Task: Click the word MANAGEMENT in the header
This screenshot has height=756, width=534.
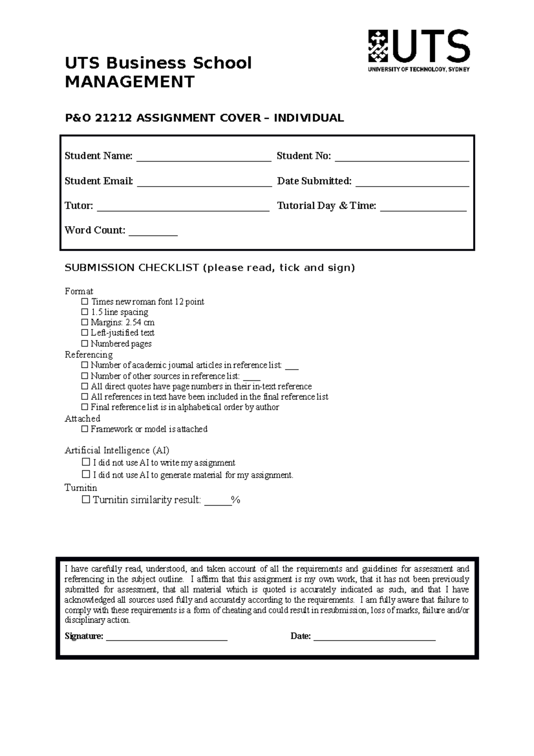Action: click(129, 82)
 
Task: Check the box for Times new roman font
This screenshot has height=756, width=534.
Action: click(85, 301)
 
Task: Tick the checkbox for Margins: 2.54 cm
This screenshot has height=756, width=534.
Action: click(85, 322)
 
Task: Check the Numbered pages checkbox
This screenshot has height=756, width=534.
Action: click(85, 343)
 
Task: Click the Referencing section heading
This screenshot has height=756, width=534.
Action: click(89, 354)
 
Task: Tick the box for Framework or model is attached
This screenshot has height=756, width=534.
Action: click(85, 429)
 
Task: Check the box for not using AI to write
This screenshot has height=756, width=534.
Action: click(86, 462)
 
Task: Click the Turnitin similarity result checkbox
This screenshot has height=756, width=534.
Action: click(86, 500)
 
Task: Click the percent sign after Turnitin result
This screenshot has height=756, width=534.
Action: click(236, 500)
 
